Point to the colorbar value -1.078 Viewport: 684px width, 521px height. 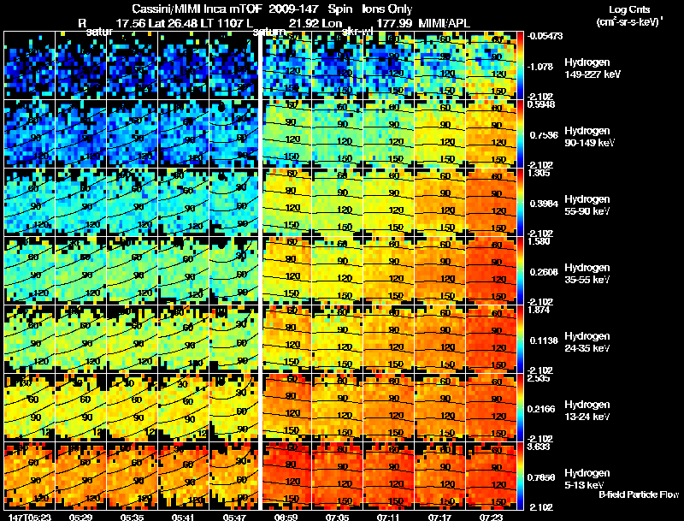point(543,66)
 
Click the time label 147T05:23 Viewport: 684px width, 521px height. point(28,517)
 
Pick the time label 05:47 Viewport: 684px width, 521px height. point(234,517)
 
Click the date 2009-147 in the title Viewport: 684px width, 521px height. point(295,9)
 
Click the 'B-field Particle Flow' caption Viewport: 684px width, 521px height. point(640,494)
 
